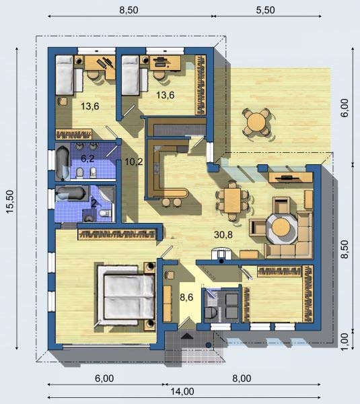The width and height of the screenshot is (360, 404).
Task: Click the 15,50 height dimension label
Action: (x=10, y=201)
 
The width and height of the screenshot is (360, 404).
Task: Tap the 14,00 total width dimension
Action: (x=182, y=392)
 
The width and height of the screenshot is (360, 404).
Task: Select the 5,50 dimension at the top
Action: (x=265, y=10)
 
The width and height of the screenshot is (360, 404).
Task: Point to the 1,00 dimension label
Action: (x=345, y=341)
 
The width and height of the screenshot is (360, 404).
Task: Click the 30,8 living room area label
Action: (x=223, y=234)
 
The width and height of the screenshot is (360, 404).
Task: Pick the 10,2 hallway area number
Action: (x=134, y=162)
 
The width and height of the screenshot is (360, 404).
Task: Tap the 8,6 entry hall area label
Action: (x=186, y=298)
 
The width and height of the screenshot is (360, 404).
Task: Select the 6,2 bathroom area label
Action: (x=87, y=158)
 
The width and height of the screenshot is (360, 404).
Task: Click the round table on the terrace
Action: (x=256, y=122)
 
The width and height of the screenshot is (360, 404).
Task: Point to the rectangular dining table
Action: (x=232, y=201)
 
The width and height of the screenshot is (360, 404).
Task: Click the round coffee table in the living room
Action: (x=281, y=228)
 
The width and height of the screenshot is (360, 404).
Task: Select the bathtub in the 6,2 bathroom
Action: (x=63, y=162)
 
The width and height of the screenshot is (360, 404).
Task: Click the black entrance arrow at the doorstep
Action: (x=187, y=336)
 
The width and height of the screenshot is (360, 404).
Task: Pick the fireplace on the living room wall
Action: (x=221, y=254)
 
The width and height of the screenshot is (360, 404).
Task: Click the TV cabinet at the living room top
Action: (x=291, y=178)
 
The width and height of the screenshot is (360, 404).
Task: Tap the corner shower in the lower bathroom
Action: (x=106, y=194)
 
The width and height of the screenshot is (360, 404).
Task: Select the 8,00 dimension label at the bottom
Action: (x=242, y=378)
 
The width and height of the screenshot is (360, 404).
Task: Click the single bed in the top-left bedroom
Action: (x=65, y=75)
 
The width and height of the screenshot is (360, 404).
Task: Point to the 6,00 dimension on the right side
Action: (x=345, y=108)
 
